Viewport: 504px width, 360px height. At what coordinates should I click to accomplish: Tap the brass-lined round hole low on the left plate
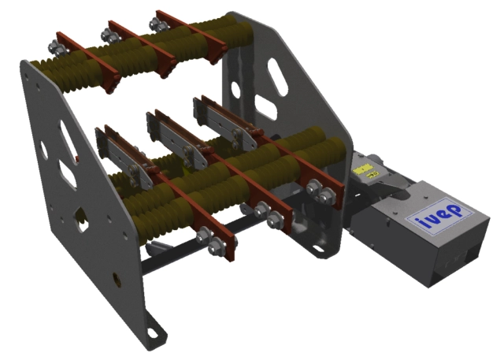pos(117,278)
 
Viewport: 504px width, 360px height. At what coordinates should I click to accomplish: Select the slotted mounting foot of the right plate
pos(318,251)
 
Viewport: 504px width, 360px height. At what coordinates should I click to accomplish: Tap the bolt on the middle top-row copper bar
pos(106,33)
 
